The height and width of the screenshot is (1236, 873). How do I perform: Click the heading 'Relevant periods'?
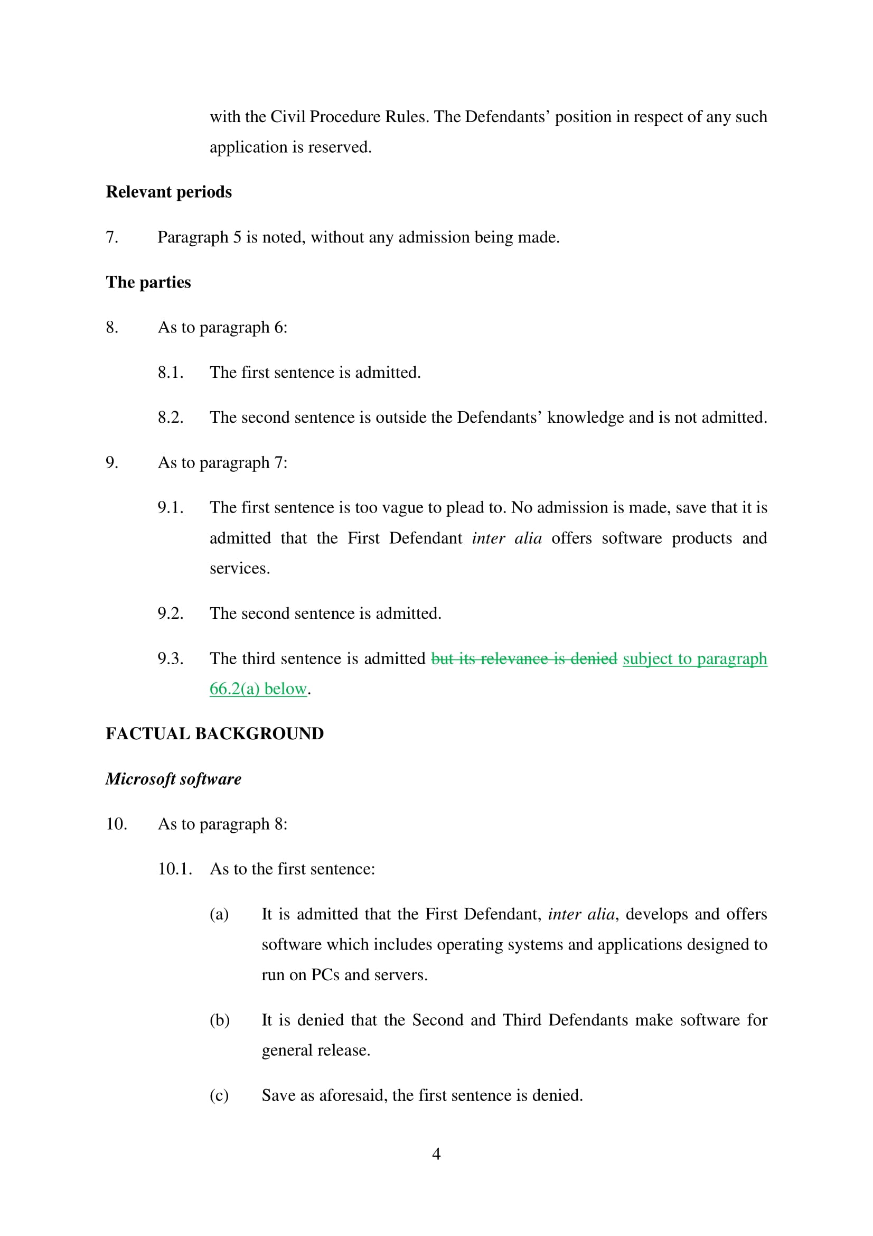[x=168, y=192]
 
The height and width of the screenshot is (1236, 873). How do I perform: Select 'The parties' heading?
[x=148, y=282]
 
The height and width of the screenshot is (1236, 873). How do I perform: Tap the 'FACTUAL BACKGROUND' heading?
[x=214, y=734]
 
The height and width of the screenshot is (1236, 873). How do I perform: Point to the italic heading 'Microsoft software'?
[x=173, y=779]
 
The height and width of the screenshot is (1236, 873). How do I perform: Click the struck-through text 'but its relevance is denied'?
[x=524, y=659]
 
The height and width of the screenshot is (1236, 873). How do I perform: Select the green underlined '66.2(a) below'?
[x=258, y=689]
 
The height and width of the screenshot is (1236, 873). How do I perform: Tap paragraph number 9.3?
[x=171, y=659]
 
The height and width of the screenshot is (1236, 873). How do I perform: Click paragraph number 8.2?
[x=171, y=417]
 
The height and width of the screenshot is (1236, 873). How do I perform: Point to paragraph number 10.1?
[x=175, y=869]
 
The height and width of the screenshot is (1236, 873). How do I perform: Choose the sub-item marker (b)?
[x=220, y=1019]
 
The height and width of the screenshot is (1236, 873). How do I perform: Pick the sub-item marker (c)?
[x=219, y=1095]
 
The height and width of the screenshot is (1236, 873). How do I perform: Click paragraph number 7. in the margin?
[x=112, y=237]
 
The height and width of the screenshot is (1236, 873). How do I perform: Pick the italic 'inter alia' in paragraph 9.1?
[x=506, y=538]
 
